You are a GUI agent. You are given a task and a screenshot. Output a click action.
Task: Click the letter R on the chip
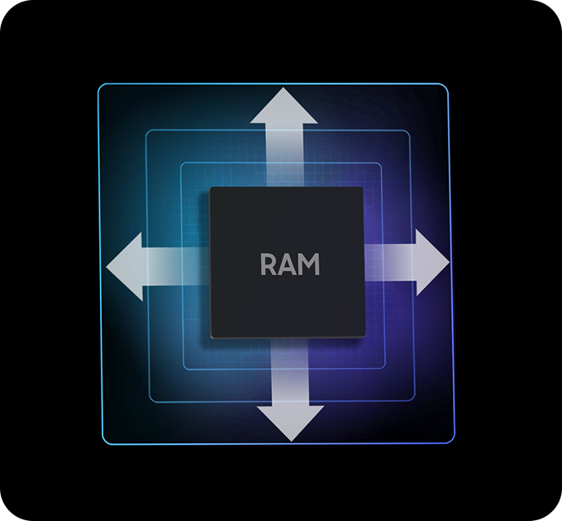click(x=269, y=265)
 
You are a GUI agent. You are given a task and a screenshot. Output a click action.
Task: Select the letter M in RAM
click(x=307, y=265)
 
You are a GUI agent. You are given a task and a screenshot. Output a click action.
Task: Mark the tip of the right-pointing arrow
click(x=448, y=262)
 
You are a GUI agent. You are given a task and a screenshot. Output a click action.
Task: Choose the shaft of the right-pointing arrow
click(x=388, y=262)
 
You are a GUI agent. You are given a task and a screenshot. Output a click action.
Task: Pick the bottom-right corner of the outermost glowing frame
click(x=453, y=442)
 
